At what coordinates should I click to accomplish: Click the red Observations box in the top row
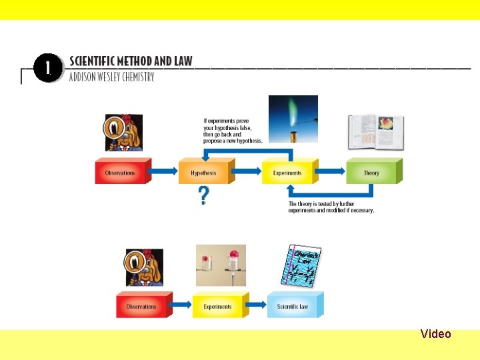point(121,173)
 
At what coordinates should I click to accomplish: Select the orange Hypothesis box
point(205,173)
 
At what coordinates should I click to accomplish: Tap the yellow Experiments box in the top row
point(288,173)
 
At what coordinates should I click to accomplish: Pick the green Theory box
point(372,173)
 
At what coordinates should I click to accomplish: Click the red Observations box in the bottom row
point(142,307)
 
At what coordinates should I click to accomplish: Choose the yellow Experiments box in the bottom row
point(219,307)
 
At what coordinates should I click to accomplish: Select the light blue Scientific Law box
point(293,307)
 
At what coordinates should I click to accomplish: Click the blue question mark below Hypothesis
point(203,196)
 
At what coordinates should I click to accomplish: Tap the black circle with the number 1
point(48,69)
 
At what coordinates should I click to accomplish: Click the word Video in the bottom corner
point(436,334)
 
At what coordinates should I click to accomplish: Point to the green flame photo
point(293,118)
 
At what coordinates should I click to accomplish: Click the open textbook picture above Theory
point(367,132)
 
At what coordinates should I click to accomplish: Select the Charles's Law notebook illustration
point(304,266)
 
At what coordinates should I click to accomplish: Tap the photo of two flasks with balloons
point(221,265)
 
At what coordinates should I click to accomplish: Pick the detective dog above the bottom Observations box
point(144,267)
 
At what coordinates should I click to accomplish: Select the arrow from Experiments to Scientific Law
point(257,307)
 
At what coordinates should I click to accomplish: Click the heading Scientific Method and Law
point(131,61)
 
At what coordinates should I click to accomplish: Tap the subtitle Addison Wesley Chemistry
point(111,77)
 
